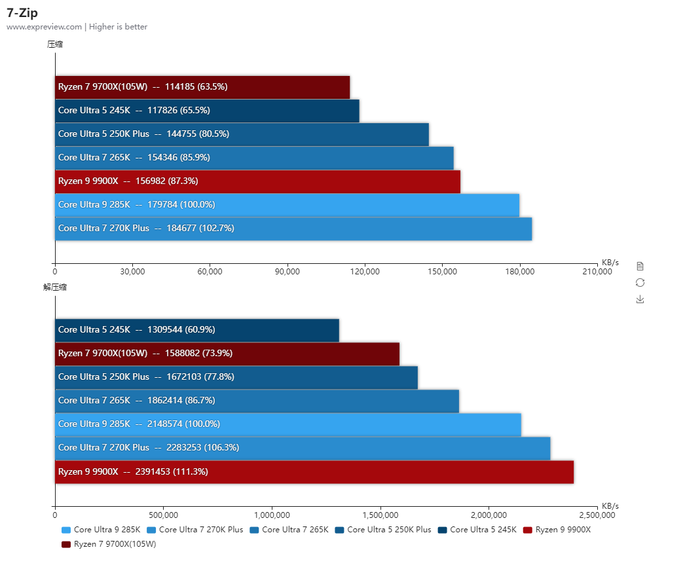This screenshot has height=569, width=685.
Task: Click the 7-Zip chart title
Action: (22, 12)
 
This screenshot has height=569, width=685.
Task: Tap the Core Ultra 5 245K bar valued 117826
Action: (207, 111)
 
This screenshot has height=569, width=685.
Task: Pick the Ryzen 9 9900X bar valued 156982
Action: (257, 181)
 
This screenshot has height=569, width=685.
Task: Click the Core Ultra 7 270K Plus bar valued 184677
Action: (293, 229)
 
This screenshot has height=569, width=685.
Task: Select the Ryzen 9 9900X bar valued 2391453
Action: (314, 472)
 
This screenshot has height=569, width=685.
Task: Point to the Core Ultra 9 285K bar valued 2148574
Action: (287, 424)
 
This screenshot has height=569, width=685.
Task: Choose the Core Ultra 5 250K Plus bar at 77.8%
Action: (236, 377)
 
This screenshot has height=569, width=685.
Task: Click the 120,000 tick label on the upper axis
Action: (365, 272)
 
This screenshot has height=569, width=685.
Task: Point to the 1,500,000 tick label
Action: (380, 515)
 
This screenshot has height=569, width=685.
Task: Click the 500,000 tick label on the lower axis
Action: (164, 515)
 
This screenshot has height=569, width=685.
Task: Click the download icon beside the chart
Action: (640, 299)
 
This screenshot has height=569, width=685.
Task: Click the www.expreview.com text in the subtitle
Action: (44, 27)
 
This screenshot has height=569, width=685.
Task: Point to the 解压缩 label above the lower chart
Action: (55, 287)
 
